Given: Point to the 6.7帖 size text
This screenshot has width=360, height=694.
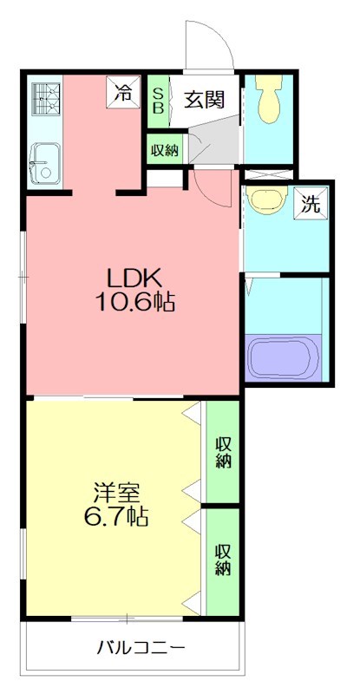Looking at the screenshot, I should tap(117, 518).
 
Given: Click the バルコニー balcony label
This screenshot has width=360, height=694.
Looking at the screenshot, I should tap(141, 647).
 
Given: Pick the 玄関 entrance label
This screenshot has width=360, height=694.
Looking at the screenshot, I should tap(205, 99).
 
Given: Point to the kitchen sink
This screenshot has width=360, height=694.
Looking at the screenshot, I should tap(42, 162).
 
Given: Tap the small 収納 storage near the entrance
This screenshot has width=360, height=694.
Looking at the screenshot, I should tap(164, 149).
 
